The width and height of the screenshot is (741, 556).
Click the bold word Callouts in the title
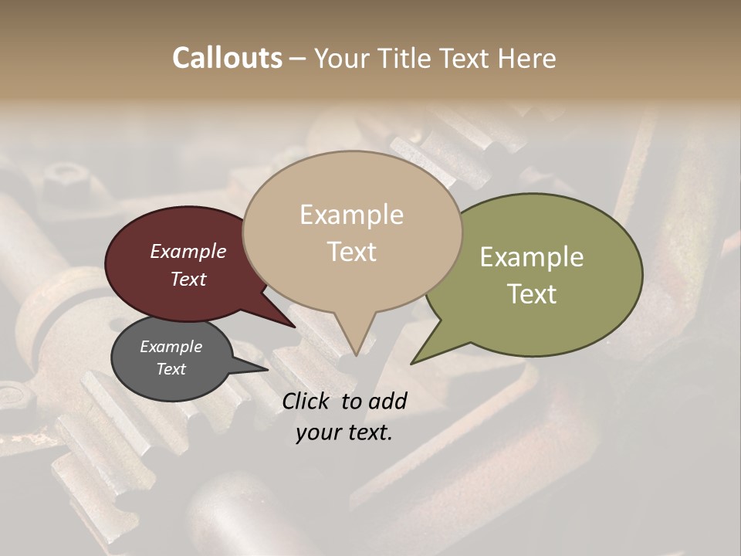pos(227,58)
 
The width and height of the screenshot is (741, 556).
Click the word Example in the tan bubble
pos(351,215)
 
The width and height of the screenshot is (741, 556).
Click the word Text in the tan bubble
pos(351,252)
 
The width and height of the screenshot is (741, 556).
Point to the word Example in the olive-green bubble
pos(532,257)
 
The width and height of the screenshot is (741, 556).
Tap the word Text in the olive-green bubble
pos(532,294)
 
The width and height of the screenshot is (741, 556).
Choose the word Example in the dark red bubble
pos(188,251)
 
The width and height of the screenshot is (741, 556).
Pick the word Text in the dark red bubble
pos(188,279)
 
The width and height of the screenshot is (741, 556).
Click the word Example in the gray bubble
pos(171,347)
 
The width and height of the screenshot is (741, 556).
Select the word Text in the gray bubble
pos(171,369)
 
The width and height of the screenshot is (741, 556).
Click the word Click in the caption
pos(307,401)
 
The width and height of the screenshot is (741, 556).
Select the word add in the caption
pos(387,401)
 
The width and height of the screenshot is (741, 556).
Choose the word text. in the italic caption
pos(368,432)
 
